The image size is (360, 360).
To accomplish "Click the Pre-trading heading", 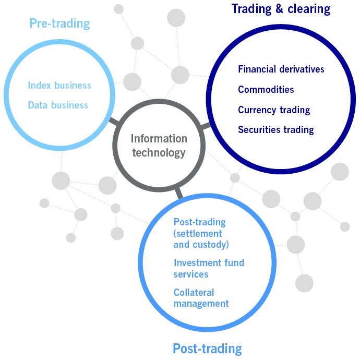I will (59, 23).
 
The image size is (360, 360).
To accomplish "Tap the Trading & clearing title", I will (281, 9).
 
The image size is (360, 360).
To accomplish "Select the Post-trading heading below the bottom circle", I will (207, 349).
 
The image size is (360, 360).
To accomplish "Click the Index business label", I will (59, 85).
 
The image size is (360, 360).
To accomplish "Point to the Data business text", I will (58, 105).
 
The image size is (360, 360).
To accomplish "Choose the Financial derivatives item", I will (281, 69).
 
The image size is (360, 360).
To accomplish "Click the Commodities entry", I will (266, 89).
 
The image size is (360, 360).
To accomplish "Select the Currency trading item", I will (274, 110).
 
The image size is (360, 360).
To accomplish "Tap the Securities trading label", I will (276, 129).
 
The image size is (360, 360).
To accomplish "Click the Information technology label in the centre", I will (159, 146).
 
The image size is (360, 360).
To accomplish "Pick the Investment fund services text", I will (209, 268).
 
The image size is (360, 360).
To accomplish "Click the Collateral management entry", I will (201, 298).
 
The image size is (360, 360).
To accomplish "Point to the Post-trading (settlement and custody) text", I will (201, 233).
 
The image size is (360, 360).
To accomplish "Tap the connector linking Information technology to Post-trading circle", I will (179, 193).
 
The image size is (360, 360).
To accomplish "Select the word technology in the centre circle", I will (159, 152).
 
